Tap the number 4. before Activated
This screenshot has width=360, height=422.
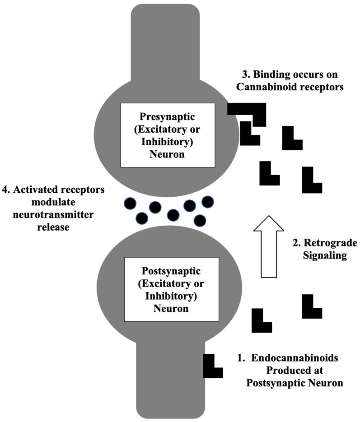click(x=6, y=190)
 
